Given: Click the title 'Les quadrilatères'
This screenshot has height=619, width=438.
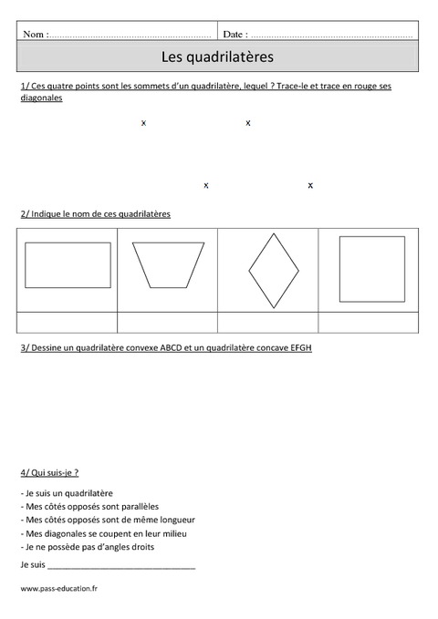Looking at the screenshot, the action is (x=217, y=57).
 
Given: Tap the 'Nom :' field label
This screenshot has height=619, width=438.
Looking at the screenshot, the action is (x=35, y=34).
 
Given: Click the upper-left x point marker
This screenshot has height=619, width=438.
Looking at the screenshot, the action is (x=144, y=122).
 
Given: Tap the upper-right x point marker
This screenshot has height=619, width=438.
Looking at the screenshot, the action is (x=248, y=122).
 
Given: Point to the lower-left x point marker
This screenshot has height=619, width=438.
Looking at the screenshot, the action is (x=206, y=185).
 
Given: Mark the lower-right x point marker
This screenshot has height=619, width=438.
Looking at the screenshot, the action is (x=310, y=185).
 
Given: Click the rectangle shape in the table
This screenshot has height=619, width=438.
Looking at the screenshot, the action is (x=68, y=265).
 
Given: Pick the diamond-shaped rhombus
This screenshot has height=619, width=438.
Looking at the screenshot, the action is (x=274, y=271).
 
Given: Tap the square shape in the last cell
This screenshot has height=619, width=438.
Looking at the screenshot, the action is (x=371, y=268).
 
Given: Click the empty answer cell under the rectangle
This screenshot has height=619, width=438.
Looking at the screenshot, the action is (x=68, y=323).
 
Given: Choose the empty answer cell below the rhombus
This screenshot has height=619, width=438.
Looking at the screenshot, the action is (x=268, y=323).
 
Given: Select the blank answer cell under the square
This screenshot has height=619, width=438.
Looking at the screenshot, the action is (x=369, y=323).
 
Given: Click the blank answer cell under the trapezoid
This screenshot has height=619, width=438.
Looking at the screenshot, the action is (x=168, y=323).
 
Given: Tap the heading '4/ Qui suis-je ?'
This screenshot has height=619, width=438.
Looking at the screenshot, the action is (x=49, y=472).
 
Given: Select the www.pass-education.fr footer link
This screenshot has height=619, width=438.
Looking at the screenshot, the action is (x=59, y=589).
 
